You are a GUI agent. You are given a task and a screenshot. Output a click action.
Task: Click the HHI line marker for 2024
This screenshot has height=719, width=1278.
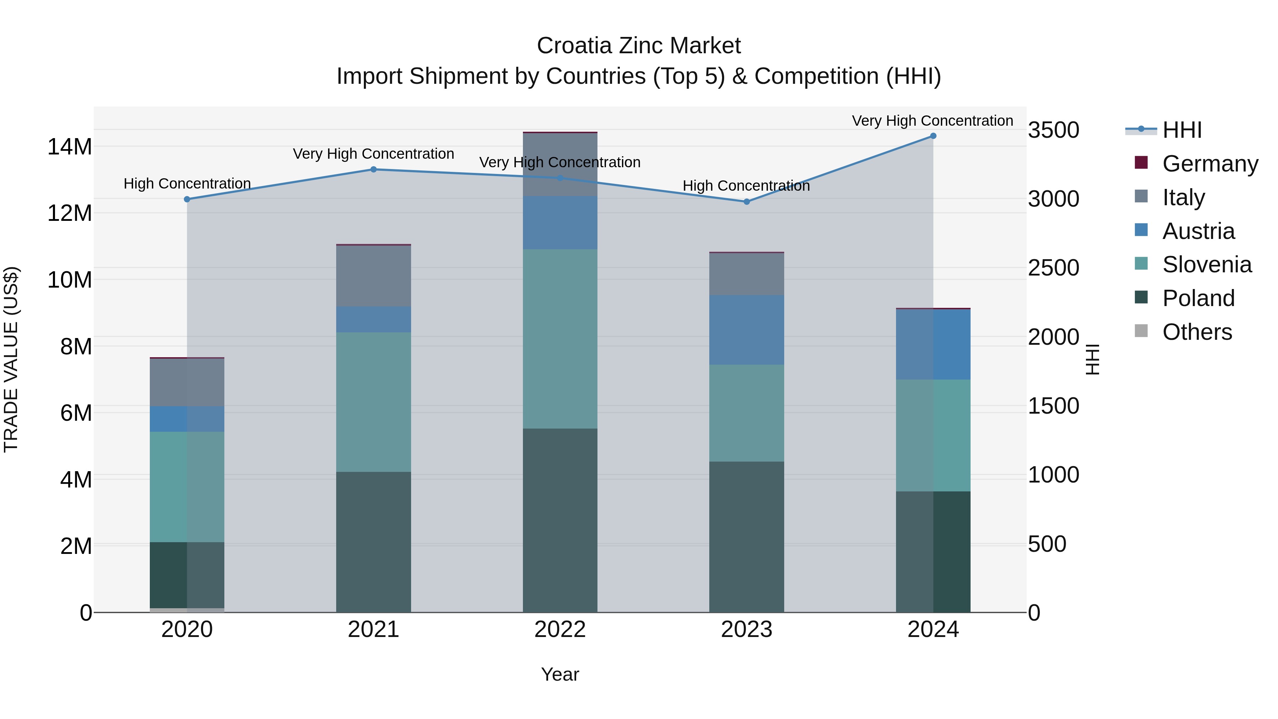click(933, 136)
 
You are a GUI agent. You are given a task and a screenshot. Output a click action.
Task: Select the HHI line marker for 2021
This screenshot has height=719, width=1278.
click(373, 169)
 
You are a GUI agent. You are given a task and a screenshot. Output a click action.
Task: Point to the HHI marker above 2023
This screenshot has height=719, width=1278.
click(747, 201)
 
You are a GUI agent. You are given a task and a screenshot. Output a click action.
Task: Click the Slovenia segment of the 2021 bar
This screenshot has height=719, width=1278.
click(373, 402)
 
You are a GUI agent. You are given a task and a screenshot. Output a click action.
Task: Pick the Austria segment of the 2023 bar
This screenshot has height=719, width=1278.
click(747, 330)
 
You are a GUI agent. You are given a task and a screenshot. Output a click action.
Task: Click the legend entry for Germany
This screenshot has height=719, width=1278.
click(1209, 164)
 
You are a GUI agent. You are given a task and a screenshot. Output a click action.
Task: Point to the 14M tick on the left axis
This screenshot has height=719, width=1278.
click(70, 147)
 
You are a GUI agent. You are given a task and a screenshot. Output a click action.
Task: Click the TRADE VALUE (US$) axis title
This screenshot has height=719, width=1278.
click(11, 359)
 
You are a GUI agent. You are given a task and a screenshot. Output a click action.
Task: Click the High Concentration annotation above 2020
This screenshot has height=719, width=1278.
click(187, 184)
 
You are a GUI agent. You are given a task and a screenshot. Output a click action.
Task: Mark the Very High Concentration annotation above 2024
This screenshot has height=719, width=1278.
click(932, 121)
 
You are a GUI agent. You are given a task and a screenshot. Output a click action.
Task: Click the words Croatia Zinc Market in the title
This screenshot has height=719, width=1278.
click(639, 46)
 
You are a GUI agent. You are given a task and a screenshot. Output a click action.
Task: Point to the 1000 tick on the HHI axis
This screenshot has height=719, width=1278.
click(1053, 475)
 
